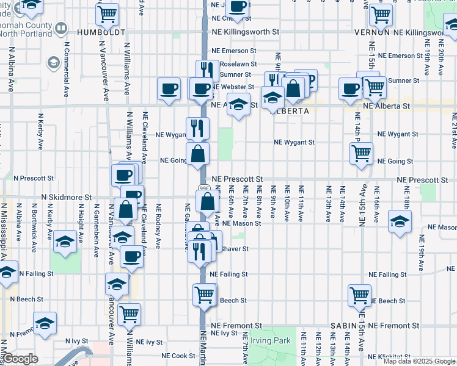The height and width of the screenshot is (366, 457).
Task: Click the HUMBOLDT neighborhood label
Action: coord(101,31)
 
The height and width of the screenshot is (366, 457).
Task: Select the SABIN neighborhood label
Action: coord(342,326)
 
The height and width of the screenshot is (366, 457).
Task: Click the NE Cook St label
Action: coord(178,356)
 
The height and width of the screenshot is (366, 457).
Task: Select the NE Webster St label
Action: coord(232,87)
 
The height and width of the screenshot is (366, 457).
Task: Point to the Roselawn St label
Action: coord(235,63)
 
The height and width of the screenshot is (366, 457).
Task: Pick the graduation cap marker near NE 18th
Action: coord(400,221)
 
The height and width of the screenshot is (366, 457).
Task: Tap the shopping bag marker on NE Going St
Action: coord(198,155)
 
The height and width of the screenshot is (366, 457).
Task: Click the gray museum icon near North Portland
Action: coord(61,27)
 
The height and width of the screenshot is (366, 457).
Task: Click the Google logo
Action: coord(20,359)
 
